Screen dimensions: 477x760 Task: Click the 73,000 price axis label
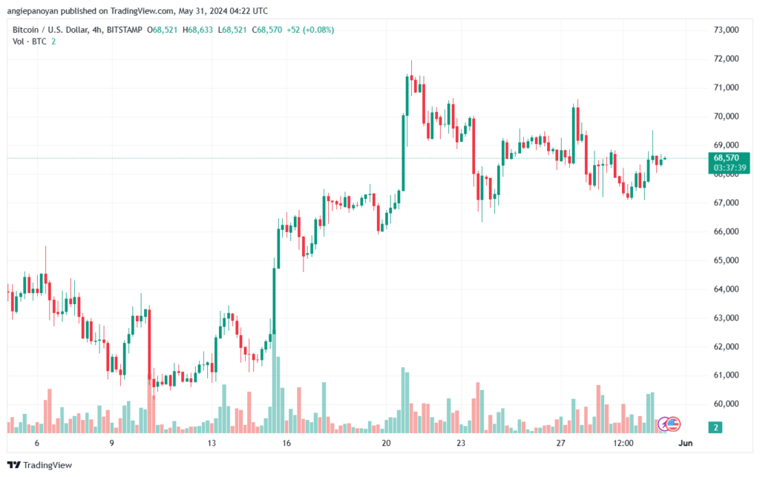[x=725, y=30]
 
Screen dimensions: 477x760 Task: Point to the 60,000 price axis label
[x=725, y=404]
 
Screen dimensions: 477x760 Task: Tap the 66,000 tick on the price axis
[x=725, y=231]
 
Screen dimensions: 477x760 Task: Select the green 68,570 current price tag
[x=725, y=158]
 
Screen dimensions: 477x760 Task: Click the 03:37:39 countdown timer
[x=725, y=168]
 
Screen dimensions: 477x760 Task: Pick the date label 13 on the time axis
[x=212, y=444]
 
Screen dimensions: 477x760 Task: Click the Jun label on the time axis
[x=687, y=444]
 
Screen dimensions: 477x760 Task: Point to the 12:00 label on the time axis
[x=623, y=444]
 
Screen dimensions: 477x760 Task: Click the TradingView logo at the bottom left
[x=42, y=465]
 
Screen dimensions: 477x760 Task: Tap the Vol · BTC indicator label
[x=30, y=42]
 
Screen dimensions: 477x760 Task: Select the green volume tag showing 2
[x=715, y=427]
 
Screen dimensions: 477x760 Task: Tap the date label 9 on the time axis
[x=111, y=444]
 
